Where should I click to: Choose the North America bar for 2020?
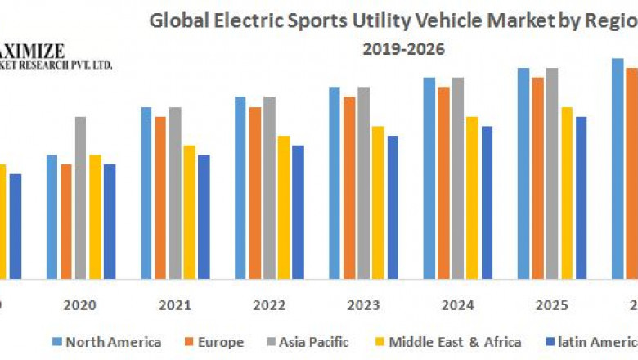click(52, 216)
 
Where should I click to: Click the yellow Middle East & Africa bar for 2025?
click(566, 192)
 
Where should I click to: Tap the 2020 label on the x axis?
click(79, 305)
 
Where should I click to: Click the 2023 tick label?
click(362, 305)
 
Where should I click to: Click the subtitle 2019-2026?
click(404, 49)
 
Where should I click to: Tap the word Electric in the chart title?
click(236, 22)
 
